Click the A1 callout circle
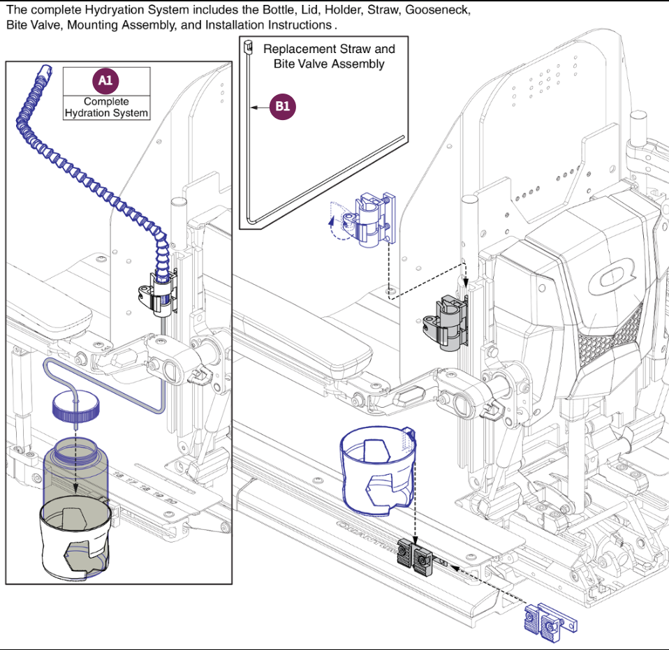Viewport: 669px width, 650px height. (x=105, y=81)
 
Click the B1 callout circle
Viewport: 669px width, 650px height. (x=283, y=107)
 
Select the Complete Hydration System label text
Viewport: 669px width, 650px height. (x=106, y=108)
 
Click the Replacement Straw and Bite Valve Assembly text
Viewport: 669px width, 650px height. (x=329, y=57)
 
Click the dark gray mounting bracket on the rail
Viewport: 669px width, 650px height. (x=414, y=556)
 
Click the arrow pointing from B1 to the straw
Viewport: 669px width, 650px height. (x=262, y=108)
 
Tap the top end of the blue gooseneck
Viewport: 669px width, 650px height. (x=45, y=69)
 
